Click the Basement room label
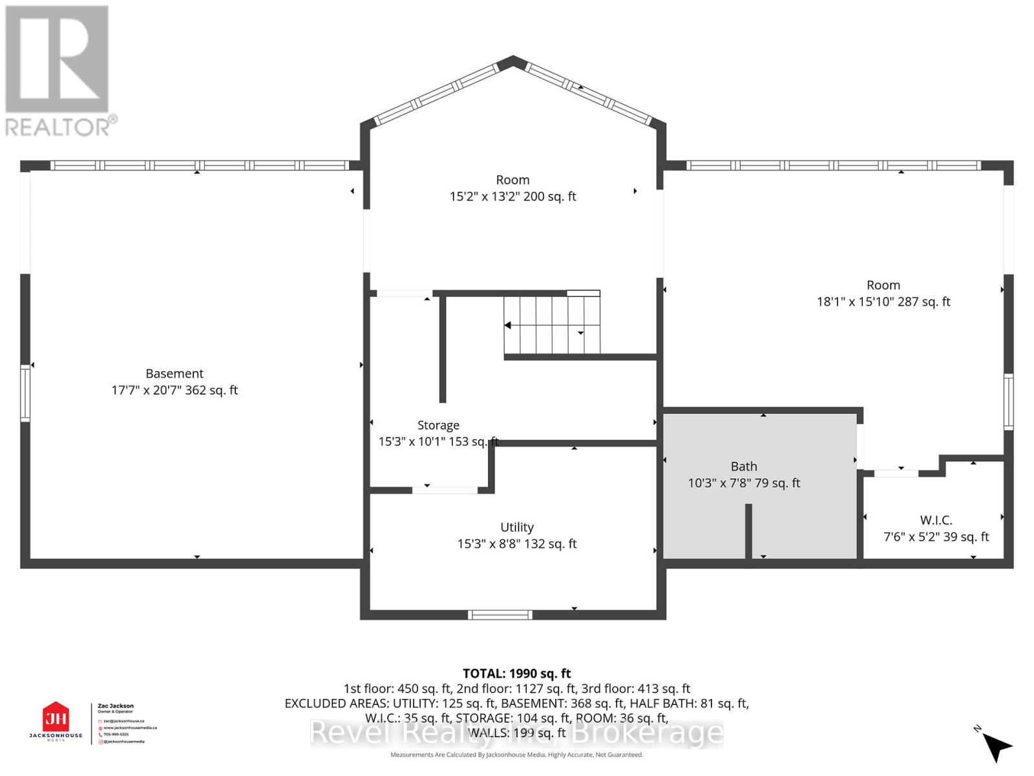pos(174,374)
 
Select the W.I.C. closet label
pos(936,520)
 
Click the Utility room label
pos(517,527)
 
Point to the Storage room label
pos(438,425)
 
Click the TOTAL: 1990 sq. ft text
pos(516,673)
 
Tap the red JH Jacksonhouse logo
pos(56,718)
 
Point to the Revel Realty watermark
pos(516,733)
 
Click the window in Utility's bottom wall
pos(500,614)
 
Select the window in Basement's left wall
pos(25,393)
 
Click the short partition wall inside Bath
pos(748,530)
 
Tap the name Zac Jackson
pos(116,706)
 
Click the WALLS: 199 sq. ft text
pos(516,733)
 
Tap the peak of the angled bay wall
pos(513,60)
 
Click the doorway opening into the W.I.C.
pos(896,473)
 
